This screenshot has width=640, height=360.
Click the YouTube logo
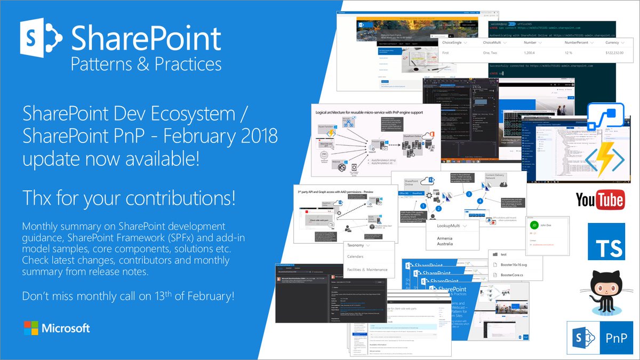click(600, 201)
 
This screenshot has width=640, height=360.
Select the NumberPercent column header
click(571, 42)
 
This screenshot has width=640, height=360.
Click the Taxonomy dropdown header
click(360, 246)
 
